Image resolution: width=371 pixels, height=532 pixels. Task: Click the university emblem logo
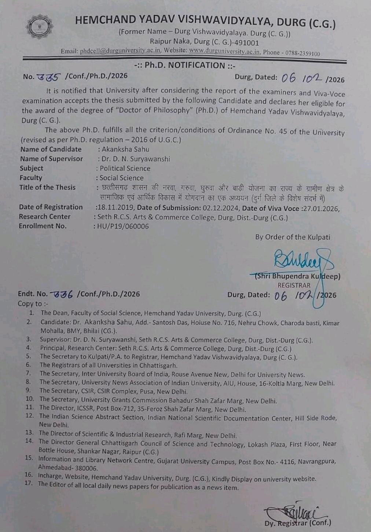coord(40,27)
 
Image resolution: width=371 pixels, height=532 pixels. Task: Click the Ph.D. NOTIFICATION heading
coord(185,66)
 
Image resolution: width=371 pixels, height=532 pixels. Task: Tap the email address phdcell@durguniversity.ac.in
coord(120,51)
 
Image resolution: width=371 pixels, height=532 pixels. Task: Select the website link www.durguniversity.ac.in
coord(224,51)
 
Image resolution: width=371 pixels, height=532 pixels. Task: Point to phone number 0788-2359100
coord(301,53)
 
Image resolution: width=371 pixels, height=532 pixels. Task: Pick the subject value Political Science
coord(125,169)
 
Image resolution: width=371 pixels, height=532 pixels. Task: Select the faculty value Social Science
coord(121,178)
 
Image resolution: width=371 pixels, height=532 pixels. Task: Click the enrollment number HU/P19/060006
coord(123,226)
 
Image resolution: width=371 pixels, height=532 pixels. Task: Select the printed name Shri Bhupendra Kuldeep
coord(298,276)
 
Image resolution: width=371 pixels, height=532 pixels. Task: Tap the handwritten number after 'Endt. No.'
coord(62,294)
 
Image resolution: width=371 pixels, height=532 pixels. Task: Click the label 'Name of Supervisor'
coord(51,159)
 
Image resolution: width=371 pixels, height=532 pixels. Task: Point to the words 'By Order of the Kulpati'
coord(293,237)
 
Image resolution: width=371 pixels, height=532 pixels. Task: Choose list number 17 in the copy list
coord(29,483)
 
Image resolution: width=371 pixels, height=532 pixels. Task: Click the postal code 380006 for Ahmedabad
coord(86,468)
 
